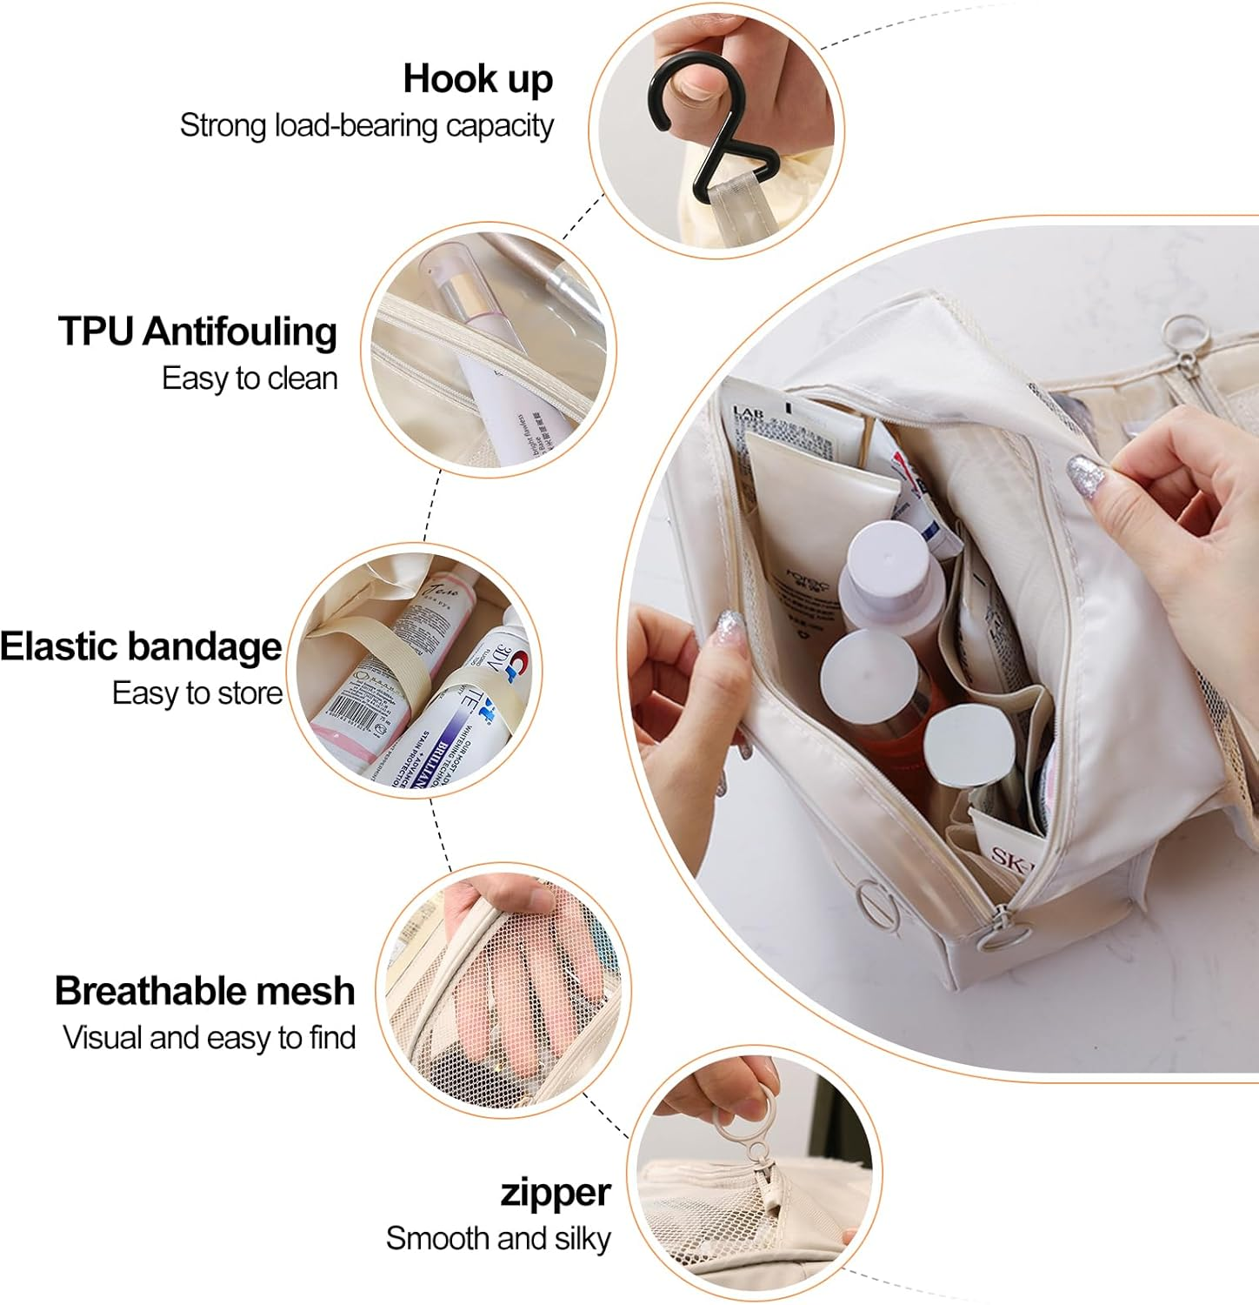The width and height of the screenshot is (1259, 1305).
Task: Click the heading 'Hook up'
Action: pyautogui.click(x=477, y=79)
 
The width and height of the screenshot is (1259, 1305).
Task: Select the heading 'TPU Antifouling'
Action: pyautogui.click(x=197, y=331)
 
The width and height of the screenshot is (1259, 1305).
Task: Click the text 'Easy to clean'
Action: pyautogui.click(x=250, y=378)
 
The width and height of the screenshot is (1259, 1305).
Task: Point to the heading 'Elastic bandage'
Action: pyautogui.click(x=141, y=646)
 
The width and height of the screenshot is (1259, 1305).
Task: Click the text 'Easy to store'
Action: pyautogui.click(x=197, y=693)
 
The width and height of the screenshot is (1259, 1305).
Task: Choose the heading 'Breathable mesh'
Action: pyautogui.click(x=204, y=991)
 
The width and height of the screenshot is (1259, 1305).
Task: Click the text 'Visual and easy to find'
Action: pyautogui.click(x=209, y=1037)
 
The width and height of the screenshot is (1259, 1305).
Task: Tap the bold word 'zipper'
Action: pyautogui.click(x=555, y=1192)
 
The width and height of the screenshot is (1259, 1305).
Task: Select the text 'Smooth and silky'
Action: pyautogui.click(x=498, y=1237)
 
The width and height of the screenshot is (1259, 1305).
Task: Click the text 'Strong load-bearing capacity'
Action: pyautogui.click(x=366, y=125)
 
